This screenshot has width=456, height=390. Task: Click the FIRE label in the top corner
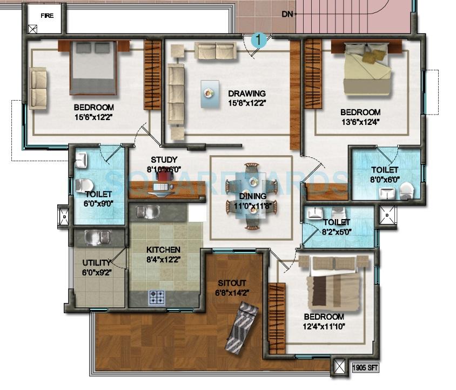pos(48,16)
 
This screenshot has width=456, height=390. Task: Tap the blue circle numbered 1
pos(259,39)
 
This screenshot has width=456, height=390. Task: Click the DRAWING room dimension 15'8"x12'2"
pos(246,102)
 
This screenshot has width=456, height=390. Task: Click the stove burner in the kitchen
pos(157,296)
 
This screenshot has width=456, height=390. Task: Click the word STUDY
pos(164,160)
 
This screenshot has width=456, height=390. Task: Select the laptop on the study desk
pos(162,186)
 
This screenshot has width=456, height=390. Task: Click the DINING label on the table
pos(252,196)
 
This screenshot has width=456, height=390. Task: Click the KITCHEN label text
pos(163,250)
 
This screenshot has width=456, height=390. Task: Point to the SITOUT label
pos(232,283)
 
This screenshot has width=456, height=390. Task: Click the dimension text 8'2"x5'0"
pos(337,231)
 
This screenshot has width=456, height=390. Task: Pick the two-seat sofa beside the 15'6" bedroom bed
pos(38,88)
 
